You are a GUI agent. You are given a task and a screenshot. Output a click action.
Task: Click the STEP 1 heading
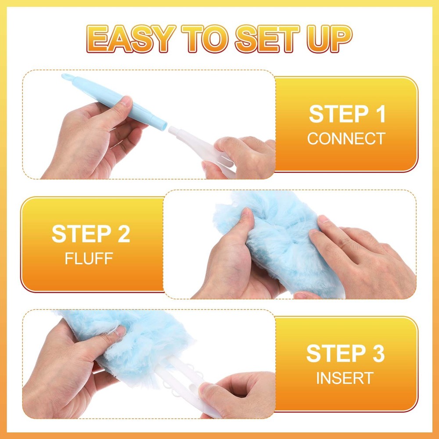click(x=347, y=114)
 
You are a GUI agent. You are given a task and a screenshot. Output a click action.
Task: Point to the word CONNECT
click(x=346, y=139)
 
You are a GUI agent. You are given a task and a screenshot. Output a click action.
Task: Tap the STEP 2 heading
click(x=91, y=234)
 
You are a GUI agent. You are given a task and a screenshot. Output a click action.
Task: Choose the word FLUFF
click(x=89, y=258)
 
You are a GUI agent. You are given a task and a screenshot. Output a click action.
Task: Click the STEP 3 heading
click(x=345, y=354)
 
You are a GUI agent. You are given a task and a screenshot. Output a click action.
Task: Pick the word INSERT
click(x=345, y=378)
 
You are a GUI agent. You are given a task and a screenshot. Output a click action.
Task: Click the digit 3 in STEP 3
click(x=377, y=354)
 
